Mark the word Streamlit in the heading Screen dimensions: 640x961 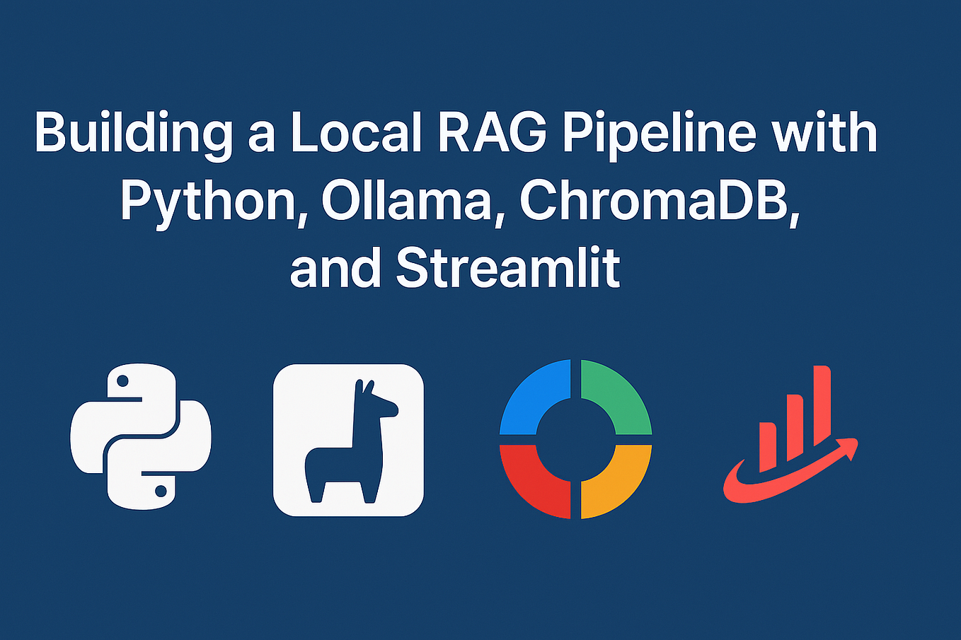[508, 268]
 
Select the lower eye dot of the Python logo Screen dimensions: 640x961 [161, 490]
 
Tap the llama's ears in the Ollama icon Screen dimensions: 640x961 [364, 387]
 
